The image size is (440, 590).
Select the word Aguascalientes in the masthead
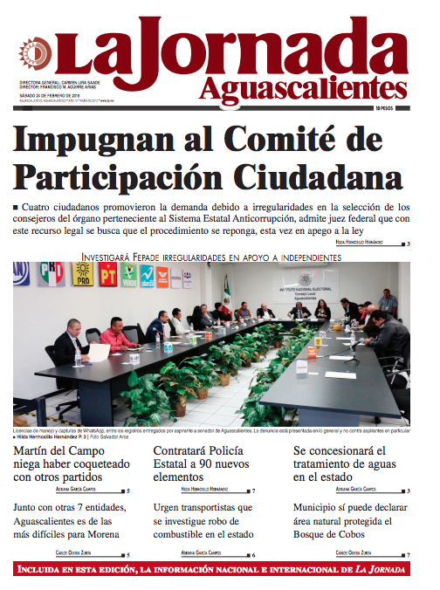[303, 88]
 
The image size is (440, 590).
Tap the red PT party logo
[108, 277]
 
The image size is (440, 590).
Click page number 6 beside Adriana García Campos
[252, 553]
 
